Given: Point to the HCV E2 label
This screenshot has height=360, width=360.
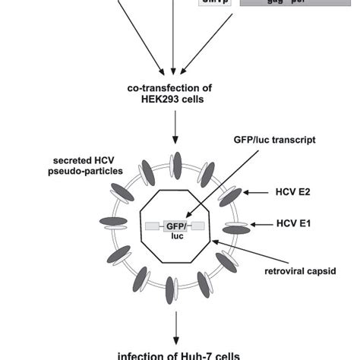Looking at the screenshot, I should (x=295, y=193).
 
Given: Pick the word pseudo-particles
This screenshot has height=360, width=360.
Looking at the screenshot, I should (x=86, y=171).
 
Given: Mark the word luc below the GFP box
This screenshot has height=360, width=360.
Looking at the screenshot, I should (x=175, y=236).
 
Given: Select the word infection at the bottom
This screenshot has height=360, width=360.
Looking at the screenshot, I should (x=144, y=355).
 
